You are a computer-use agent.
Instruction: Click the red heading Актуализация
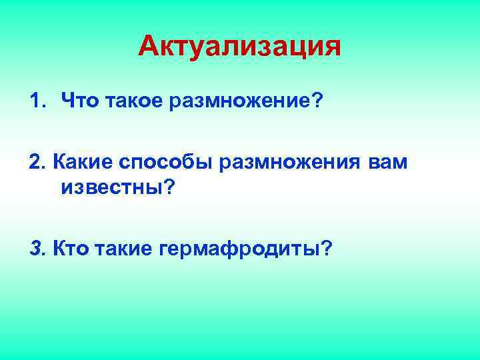click(240, 47)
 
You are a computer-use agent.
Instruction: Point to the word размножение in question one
click(239, 101)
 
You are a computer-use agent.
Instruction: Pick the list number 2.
click(35, 163)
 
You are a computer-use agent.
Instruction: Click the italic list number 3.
click(35, 249)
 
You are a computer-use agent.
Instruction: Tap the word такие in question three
click(125, 249)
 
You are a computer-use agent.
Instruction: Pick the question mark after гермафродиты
click(327, 249)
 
